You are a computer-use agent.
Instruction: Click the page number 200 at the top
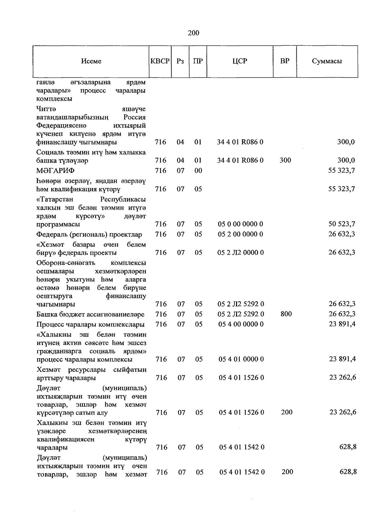coord(193,33)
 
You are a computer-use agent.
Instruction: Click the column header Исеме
coord(91,61)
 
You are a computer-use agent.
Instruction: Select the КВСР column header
coord(160,61)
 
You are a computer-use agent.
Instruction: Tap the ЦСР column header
coord(240,61)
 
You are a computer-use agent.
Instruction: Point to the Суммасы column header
coord(327,61)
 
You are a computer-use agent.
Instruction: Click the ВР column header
coord(285,61)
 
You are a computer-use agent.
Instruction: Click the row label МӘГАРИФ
coord(55,171)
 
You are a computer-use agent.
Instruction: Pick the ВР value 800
coord(286,314)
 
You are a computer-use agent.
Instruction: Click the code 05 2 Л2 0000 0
coord(241,253)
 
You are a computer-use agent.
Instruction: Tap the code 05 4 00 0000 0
coord(241,324)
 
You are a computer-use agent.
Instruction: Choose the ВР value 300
coord(285,160)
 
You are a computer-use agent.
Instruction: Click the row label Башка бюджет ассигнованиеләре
coord(90,314)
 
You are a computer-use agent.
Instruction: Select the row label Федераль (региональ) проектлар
coord(89,234)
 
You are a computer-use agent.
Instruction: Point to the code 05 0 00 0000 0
coord(240,224)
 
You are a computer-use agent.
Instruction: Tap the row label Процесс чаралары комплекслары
coord(90,324)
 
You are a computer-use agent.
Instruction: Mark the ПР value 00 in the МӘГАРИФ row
coord(198,171)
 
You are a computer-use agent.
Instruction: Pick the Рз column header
coord(180,61)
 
